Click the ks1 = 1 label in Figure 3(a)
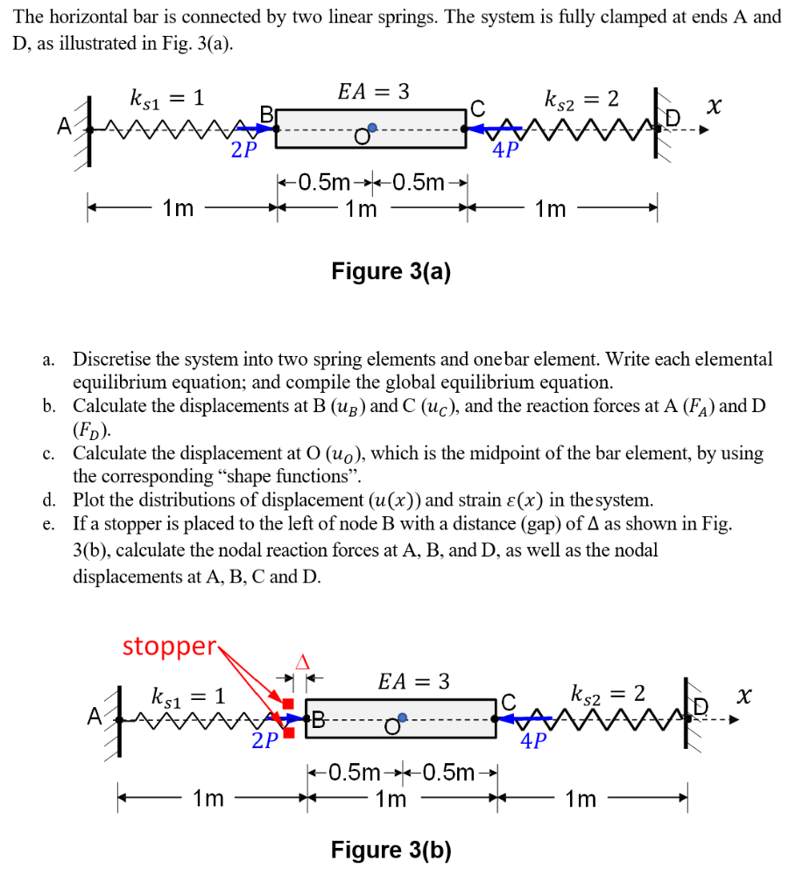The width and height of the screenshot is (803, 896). coord(166,99)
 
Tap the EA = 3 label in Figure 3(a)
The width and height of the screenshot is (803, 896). coord(373,91)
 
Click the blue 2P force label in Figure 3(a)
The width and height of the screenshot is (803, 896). coord(244,150)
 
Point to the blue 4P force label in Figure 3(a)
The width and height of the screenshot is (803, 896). coord(505,150)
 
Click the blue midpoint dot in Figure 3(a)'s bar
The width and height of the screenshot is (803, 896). coord(372,128)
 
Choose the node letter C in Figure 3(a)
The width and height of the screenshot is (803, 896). coord(476,109)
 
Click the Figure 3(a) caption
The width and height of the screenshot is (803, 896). coord(391,272)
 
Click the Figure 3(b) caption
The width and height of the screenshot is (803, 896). coord(391,850)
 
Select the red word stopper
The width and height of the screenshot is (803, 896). coord(169,647)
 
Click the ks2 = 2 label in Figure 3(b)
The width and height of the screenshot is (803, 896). coord(609,695)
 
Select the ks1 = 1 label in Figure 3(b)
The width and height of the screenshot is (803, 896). coord(189,697)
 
